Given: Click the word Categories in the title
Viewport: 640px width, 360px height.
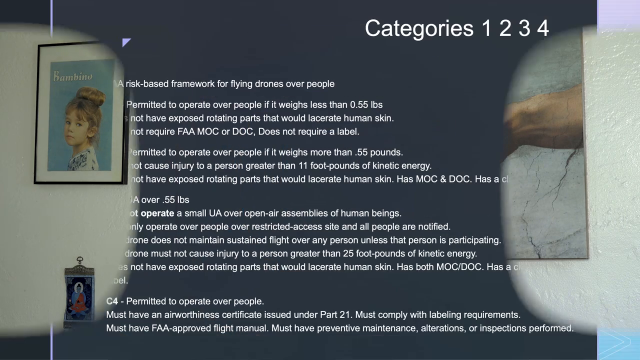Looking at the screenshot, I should pyautogui.click(x=419, y=28).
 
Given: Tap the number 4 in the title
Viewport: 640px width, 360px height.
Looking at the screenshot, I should pyautogui.click(x=543, y=28).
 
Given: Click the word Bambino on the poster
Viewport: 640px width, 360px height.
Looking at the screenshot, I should pyautogui.click(x=73, y=76).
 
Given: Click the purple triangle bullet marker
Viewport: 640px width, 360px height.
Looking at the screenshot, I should pyautogui.click(x=126, y=42).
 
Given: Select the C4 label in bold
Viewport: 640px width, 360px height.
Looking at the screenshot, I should pyautogui.click(x=112, y=301).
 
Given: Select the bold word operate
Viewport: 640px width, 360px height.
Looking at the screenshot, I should pyautogui.click(x=157, y=213).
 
